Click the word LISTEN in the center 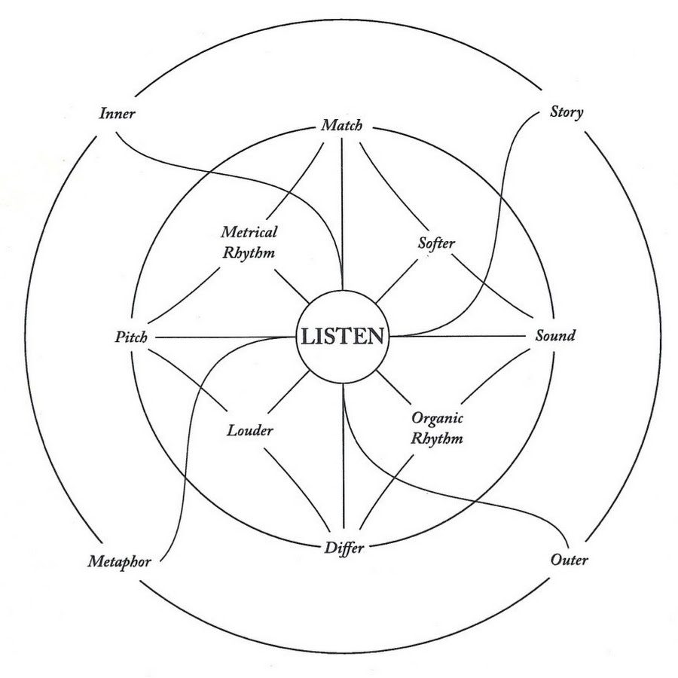343,337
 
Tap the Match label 341,125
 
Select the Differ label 344,548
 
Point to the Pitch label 131,337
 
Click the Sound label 555,335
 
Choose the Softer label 436,243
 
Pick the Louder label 250,430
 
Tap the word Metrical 249,232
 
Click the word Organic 437,418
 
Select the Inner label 118,113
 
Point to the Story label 567,112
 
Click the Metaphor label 119,562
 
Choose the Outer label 569,560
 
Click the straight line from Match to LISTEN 343,214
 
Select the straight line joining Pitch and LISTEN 224,337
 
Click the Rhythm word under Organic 437,438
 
